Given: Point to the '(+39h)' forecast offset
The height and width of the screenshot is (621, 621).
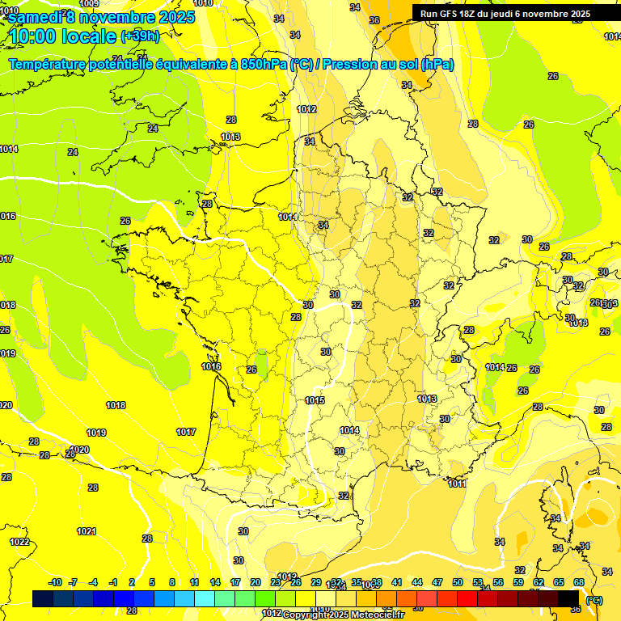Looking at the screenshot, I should pyautogui.click(x=140, y=36).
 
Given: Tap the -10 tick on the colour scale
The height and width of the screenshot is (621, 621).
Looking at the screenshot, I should pyautogui.click(x=55, y=582).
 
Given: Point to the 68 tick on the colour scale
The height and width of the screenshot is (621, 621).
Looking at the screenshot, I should pyautogui.click(x=579, y=582).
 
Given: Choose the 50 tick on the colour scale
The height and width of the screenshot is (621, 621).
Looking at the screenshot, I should pyautogui.click(x=458, y=582).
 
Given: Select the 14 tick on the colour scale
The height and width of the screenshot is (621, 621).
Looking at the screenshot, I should pyautogui.click(x=215, y=582).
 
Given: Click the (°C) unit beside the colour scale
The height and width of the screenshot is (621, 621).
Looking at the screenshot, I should pyautogui.click(x=594, y=599).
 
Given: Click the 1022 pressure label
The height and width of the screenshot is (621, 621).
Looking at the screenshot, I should pyautogui.click(x=19, y=542).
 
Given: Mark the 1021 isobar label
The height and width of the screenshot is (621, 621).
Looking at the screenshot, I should pyautogui.click(x=87, y=531).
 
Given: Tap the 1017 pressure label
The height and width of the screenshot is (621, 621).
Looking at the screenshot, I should pyautogui.click(x=186, y=432).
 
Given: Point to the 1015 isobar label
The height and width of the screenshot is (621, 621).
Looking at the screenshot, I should pyautogui.click(x=315, y=400).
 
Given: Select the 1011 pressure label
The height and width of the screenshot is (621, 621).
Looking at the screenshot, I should pyautogui.click(x=458, y=484).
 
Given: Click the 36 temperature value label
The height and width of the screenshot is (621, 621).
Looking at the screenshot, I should pyautogui.click(x=374, y=20).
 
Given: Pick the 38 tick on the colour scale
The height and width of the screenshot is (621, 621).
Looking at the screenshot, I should pyautogui.click(x=377, y=582).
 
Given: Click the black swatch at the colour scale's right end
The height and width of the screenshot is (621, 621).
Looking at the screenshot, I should pyautogui.click(x=568, y=598).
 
